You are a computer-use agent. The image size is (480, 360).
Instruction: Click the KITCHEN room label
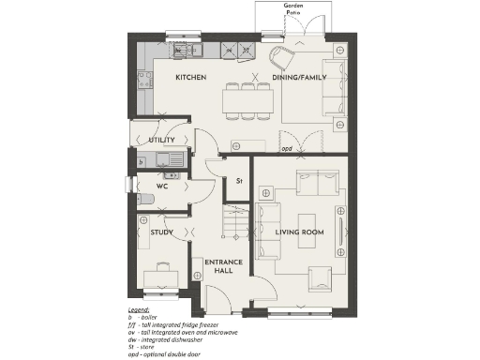coord(190,77)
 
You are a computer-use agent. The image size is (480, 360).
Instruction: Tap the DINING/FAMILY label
coord(298,77)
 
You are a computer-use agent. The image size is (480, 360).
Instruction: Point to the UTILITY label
coord(161,140)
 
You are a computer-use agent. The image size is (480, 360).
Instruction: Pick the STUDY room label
coord(160,232)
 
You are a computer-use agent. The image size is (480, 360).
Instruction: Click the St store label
coord(239,180)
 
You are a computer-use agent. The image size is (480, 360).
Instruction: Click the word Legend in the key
coord(139,308)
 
